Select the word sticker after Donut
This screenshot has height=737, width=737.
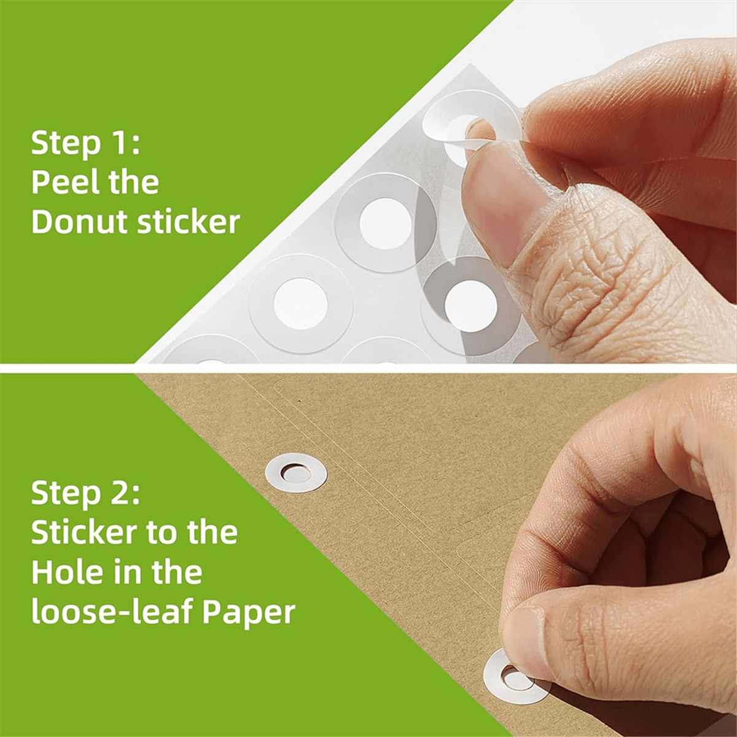(x=188, y=222)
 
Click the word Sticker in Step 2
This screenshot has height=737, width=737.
(x=82, y=532)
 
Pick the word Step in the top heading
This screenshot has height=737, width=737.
(x=66, y=144)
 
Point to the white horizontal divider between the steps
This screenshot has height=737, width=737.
(x=368, y=367)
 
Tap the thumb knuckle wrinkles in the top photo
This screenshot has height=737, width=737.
(x=583, y=276)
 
